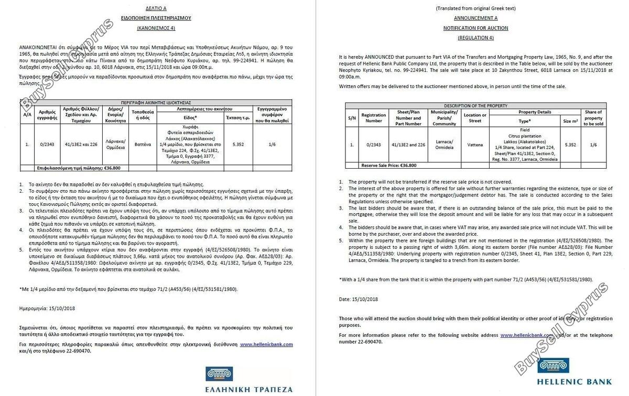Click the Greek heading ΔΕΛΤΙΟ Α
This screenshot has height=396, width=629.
157,8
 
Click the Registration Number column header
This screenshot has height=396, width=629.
373,118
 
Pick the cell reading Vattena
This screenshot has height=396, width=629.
475,145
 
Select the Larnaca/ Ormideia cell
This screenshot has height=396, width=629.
444,145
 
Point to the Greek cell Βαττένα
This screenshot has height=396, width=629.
143,144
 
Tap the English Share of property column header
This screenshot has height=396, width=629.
593,118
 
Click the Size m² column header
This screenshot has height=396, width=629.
570,121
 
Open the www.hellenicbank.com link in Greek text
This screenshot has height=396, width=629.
266,344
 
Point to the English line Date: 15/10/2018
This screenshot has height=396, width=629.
359,299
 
